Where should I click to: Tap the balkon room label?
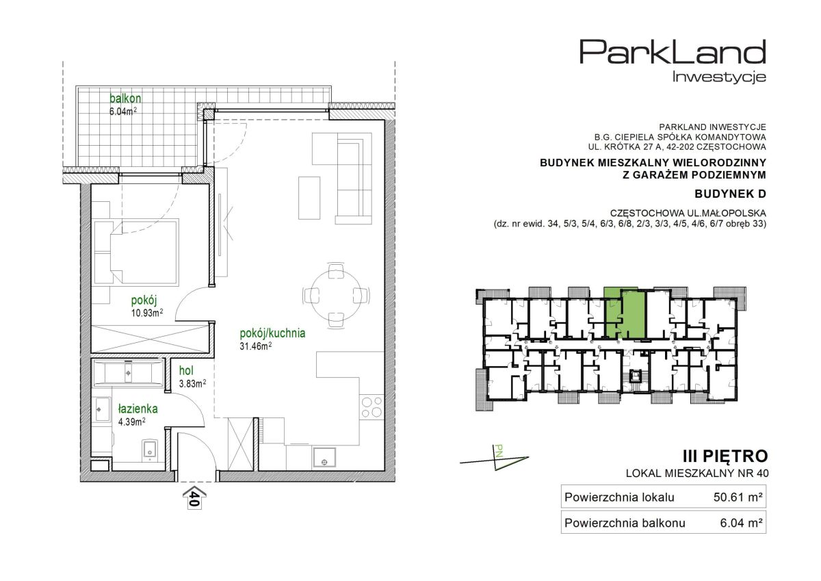pyautogui.click(x=125, y=99)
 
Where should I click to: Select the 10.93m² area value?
pyautogui.click(x=147, y=313)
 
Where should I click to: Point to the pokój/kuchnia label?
pyautogui.click(x=272, y=333)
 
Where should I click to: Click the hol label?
pyautogui.click(x=186, y=371)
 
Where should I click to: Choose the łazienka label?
pyautogui.click(x=138, y=409)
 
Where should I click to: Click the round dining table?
pyautogui.click(x=336, y=295)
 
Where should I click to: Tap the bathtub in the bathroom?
pyautogui.click(x=129, y=373)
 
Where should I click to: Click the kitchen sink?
pyautogui.click(x=324, y=458)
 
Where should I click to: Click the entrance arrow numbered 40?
pyautogui.click(x=194, y=498)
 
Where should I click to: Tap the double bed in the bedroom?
pyautogui.click(x=136, y=253)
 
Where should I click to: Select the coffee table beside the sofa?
pyautogui.click(x=309, y=198)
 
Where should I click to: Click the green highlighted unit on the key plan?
pyautogui.click(x=625, y=313)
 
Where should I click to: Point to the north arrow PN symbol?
pyautogui.click(x=495, y=459)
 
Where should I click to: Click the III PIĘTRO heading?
pyautogui.click(x=725, y=456)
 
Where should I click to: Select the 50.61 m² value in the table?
pyautogui.click(x=738, y=497)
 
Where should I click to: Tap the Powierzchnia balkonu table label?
pyautogui.click(x=625, y=523)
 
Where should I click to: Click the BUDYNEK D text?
pyautogui.click(x=730, y=194)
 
